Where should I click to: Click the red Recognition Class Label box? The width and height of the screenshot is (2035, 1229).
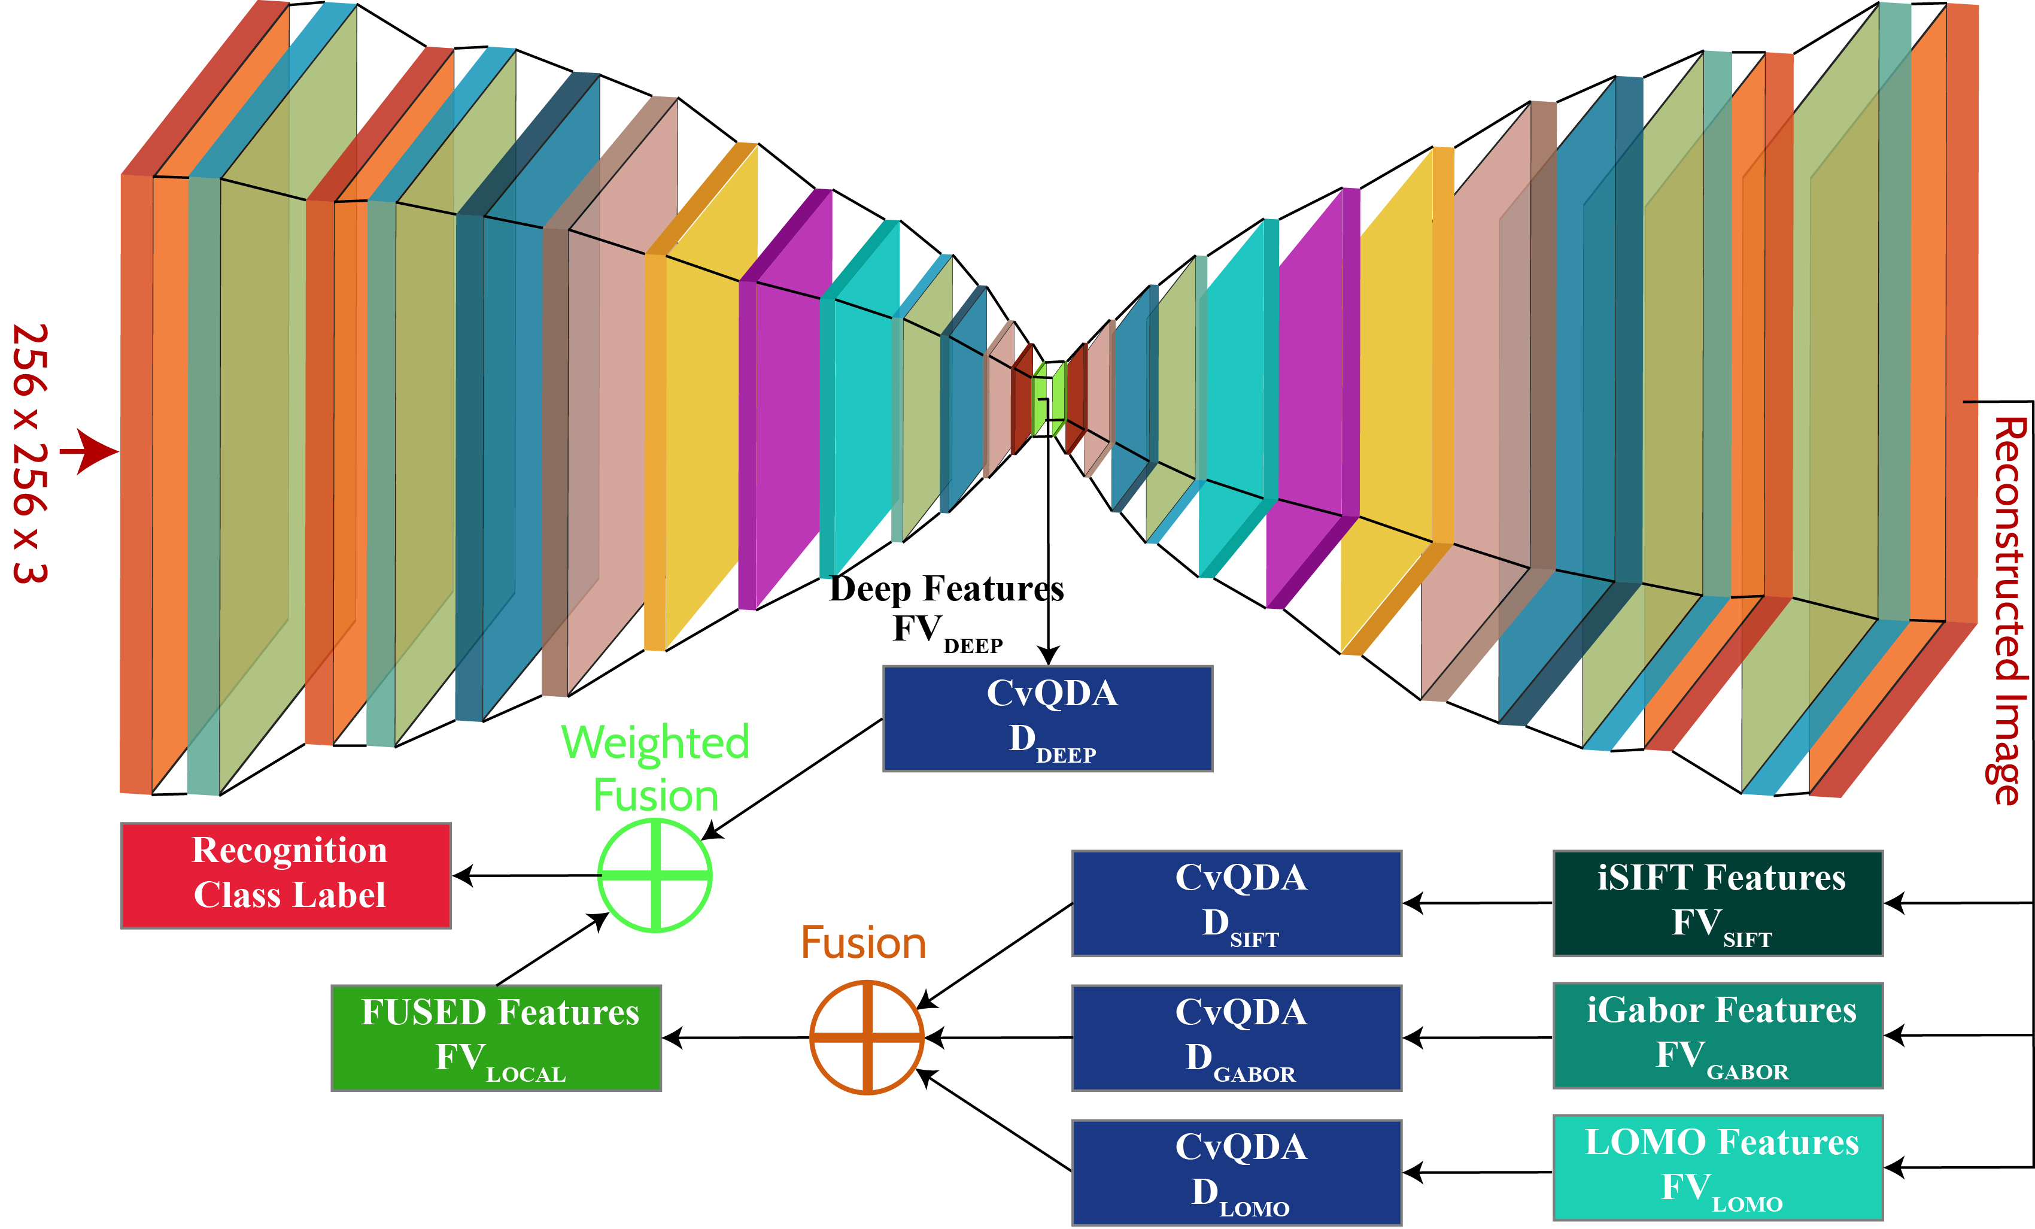point(285,875)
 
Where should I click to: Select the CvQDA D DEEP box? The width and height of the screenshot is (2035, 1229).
point(1047,718)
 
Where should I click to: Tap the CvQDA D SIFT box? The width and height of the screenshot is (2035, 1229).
point(1237,903)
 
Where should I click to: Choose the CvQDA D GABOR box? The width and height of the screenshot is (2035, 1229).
point(1237,1037)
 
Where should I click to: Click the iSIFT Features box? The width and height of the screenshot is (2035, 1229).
point(1718,903)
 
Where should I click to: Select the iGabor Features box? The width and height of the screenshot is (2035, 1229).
point(1718,1035)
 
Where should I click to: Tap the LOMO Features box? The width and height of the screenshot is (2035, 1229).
point(1718,1167)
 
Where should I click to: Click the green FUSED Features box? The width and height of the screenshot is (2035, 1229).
point(496,1037)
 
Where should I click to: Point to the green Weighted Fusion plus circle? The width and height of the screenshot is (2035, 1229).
point(655,875)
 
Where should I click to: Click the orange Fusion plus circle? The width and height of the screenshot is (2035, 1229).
point(866,1037)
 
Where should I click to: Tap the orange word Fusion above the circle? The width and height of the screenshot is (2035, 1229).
point(863,942)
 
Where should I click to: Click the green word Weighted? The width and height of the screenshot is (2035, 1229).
point(655,742)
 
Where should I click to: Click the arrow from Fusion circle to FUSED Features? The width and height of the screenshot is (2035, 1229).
point(735,1037)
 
